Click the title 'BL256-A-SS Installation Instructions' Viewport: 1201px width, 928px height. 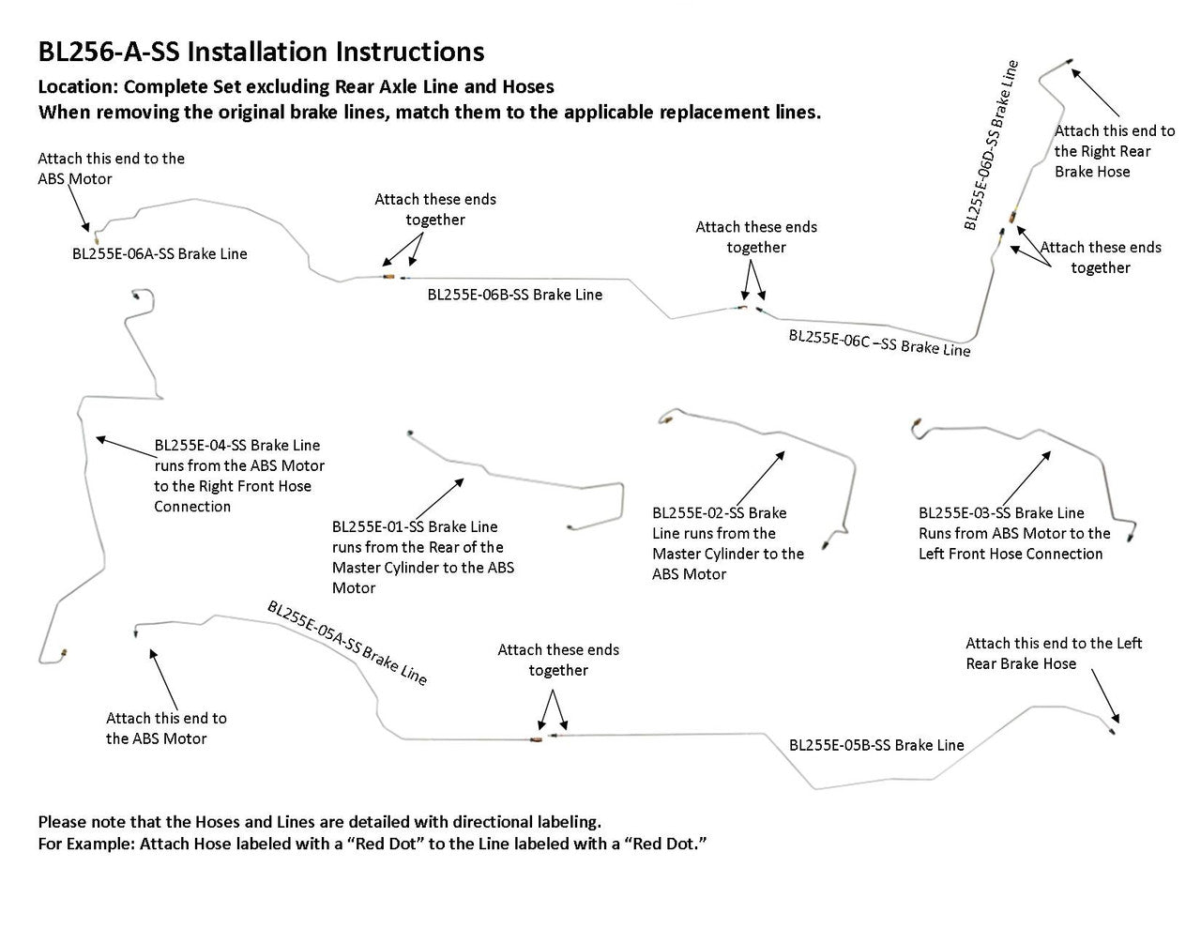tap(261, 52)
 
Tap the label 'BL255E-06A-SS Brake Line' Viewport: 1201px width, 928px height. tap(160, 253)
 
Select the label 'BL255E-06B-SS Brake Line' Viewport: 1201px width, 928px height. tap(514, 295)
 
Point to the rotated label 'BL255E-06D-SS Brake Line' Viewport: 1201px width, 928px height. tap(991, 145)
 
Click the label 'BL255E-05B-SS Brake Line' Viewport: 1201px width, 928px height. tap(876, 745)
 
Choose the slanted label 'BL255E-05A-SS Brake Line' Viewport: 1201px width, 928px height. tap(347, 643)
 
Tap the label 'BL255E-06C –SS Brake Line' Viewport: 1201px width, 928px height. tap(879, 342)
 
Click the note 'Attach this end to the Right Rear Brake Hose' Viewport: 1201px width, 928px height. tap(1114, 151)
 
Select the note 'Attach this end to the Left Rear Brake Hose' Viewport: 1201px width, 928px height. tap(1054, 653)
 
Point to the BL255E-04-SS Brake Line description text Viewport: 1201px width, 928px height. tap(239, 476)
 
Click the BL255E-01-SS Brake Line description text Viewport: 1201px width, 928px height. tap(422, 557)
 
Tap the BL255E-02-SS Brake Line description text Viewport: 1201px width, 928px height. tap(728, 543)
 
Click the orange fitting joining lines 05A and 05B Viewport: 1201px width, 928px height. tap(535, 739)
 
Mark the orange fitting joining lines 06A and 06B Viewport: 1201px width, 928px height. tap(388, 278)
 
